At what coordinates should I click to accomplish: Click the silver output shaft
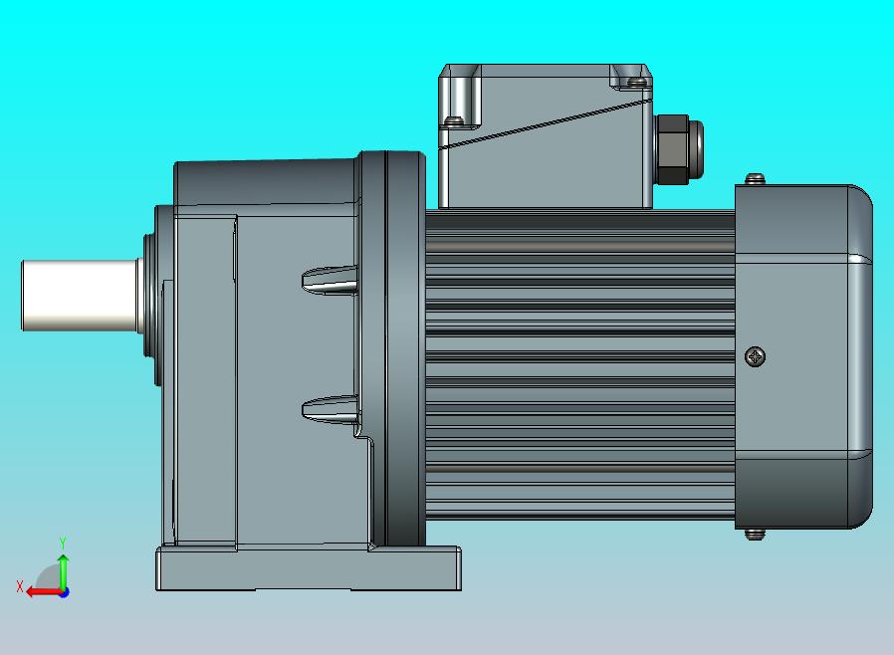coord(80,295)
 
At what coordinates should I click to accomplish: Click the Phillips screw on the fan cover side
coord(756,355)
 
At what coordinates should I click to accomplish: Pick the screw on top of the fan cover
coord(756,179)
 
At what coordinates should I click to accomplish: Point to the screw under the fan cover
coord(755,534)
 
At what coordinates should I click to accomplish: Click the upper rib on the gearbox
coord(330,280)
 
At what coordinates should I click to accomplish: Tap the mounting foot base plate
coord(308,570)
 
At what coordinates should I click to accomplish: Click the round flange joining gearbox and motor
coord(393,348)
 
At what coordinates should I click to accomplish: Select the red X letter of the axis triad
coord(20,586)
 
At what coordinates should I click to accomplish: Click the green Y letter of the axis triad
coord(63,543)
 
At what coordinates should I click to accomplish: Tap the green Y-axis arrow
coord(63,567)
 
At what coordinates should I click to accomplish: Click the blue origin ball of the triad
coord(64,592)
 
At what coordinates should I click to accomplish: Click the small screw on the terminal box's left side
coord(454,121)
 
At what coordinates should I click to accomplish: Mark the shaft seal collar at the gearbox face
coord(149,295)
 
